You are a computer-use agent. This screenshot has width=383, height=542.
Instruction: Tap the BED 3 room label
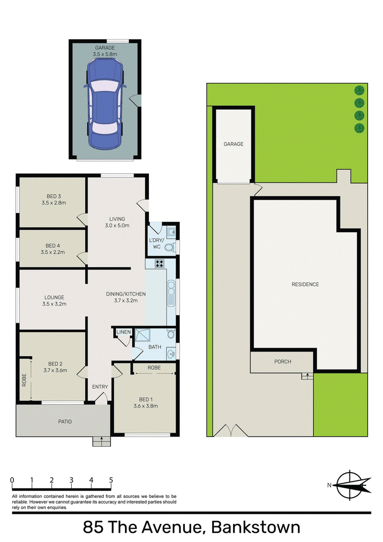tap(53, 196)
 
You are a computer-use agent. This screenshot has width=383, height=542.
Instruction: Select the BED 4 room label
tap(53, 246)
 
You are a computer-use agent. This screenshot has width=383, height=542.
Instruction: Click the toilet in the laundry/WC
tap(168, 248)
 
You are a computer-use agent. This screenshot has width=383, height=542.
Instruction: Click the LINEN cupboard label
tap(123, 332)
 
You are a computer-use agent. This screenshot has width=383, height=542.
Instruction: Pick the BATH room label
tap(155, 347)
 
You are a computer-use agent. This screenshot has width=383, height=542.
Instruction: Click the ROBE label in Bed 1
tap(154, 368)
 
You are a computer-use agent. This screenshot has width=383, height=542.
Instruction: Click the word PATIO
tap(65, 422)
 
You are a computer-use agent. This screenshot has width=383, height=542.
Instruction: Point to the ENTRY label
tap(100, 387)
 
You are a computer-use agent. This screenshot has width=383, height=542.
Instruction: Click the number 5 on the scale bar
tap(111, 480)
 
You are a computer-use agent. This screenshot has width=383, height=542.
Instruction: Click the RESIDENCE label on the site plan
tap(305, 284)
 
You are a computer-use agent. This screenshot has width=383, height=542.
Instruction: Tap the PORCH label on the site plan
tap(282, 361)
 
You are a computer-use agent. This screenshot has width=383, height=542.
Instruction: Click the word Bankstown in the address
tap(255, 528)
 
